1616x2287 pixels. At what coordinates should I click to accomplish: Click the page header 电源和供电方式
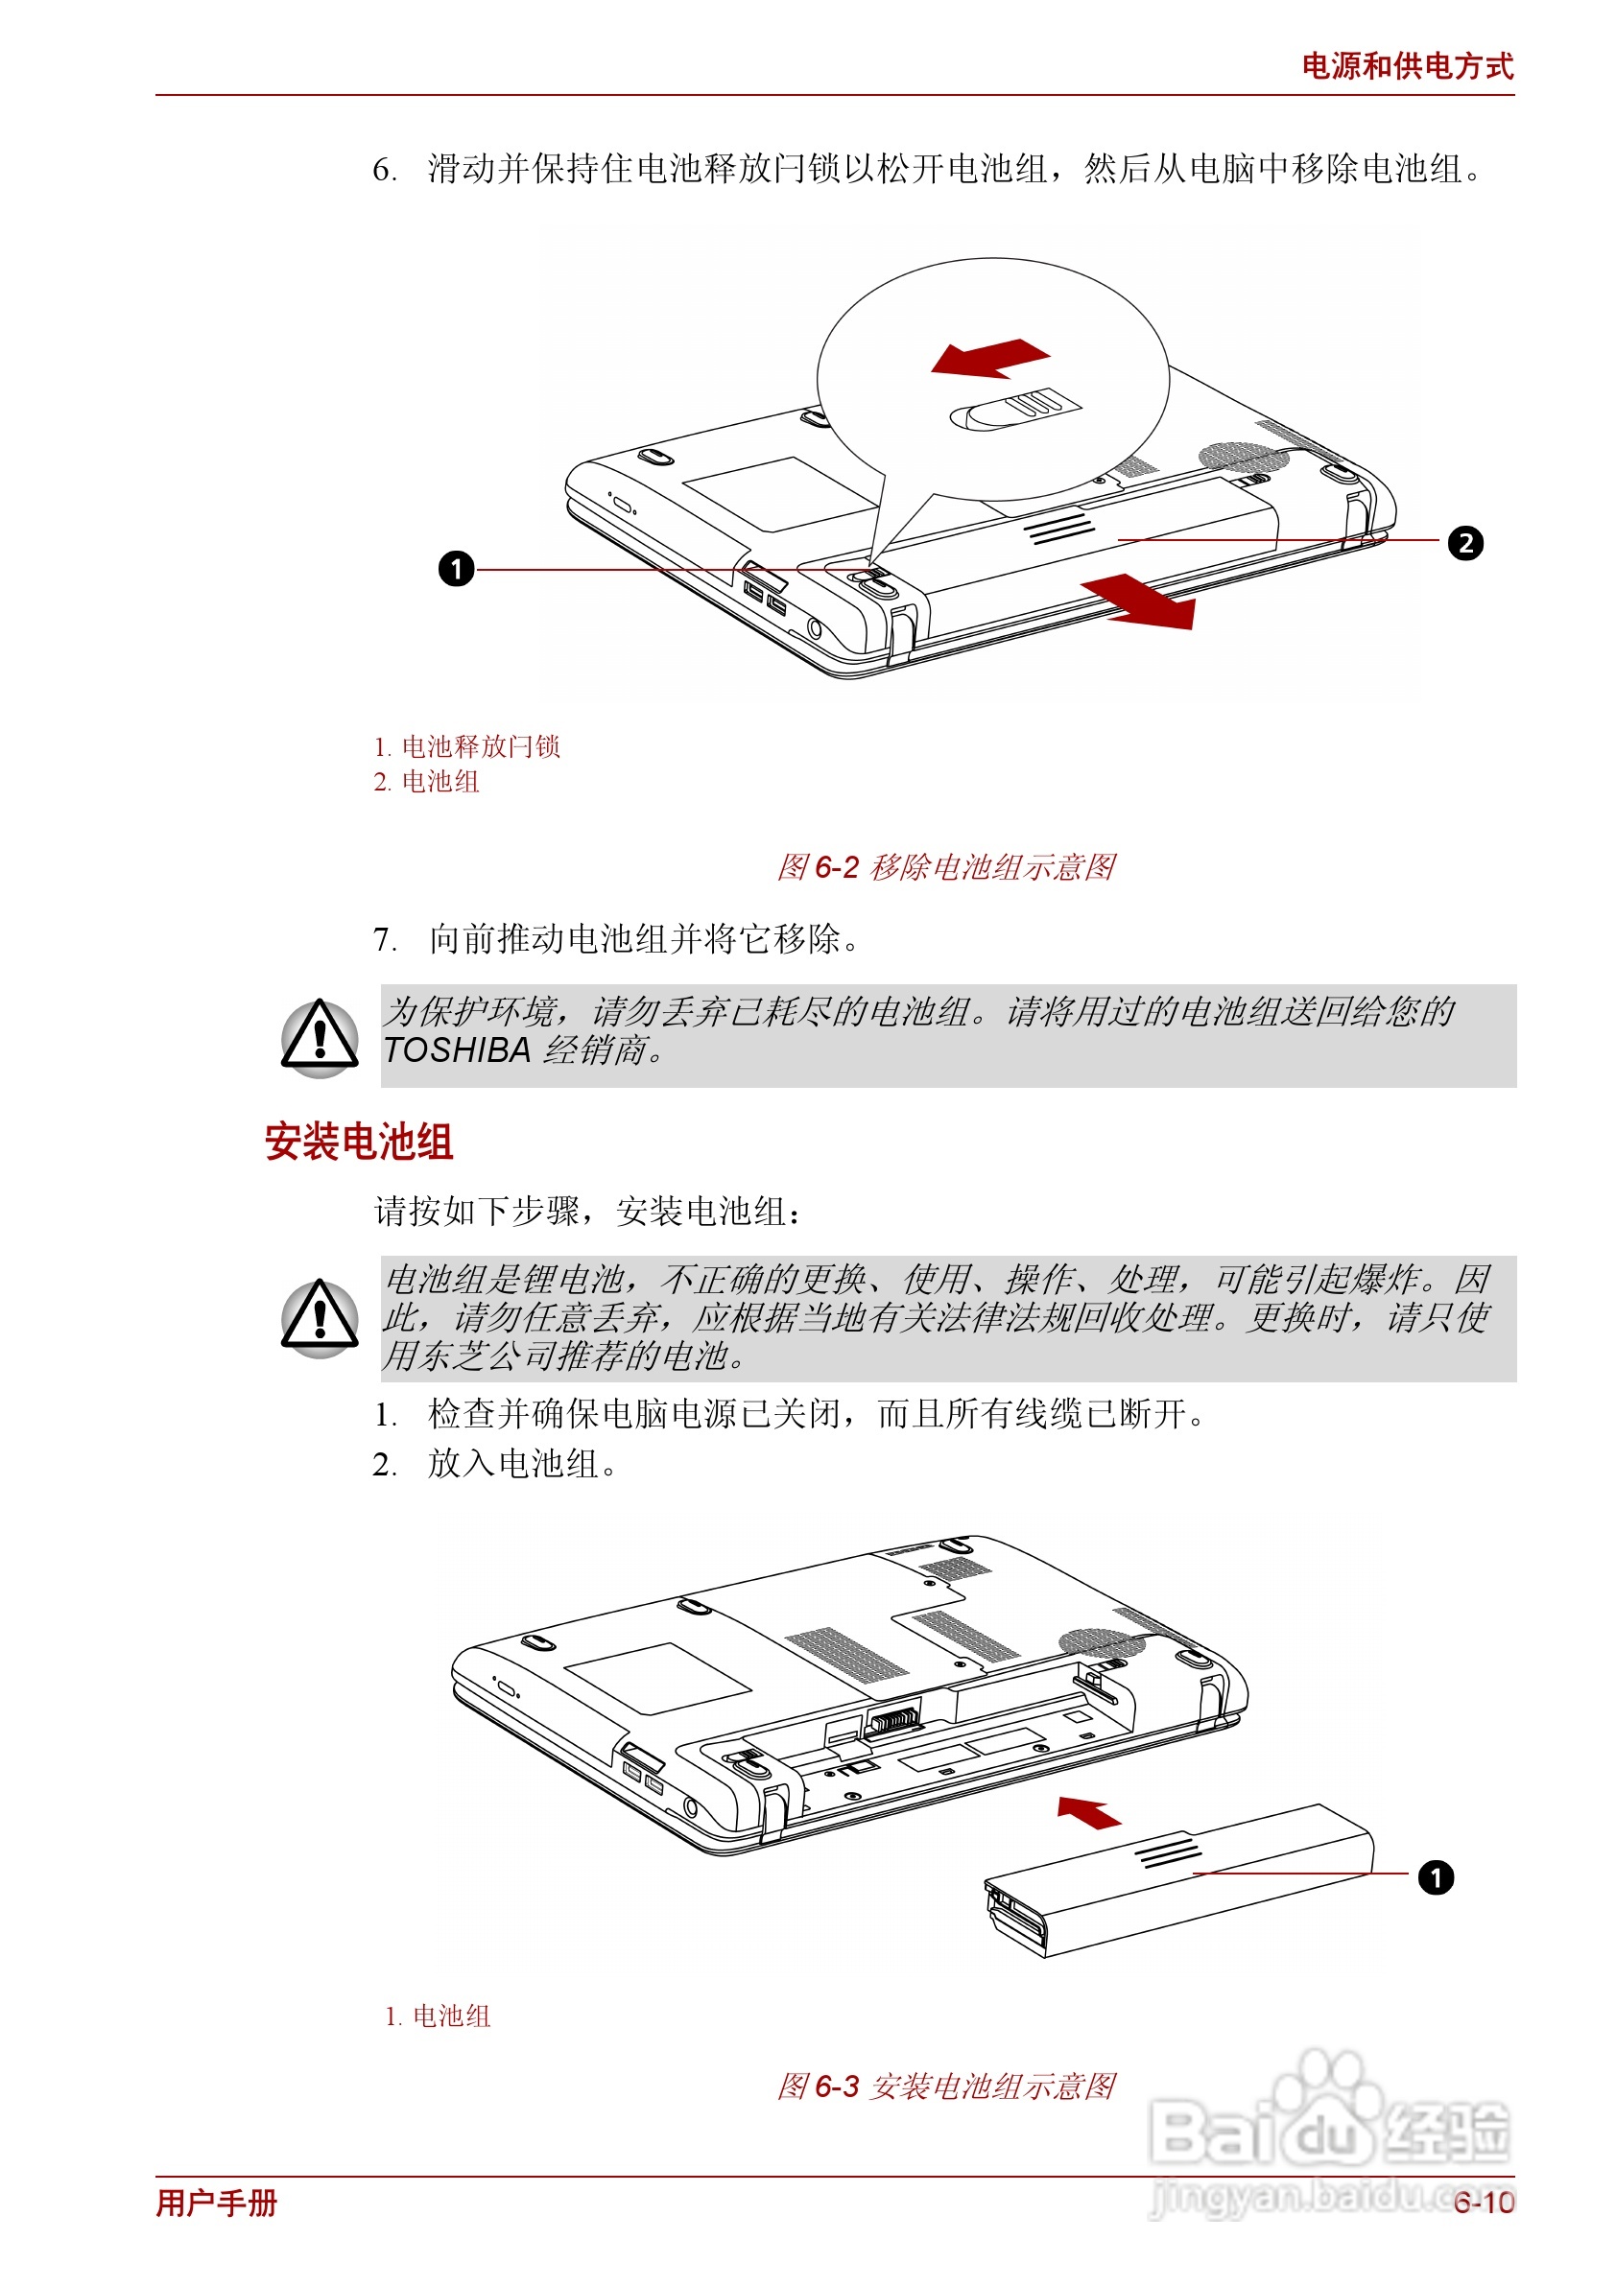click(1406, 67)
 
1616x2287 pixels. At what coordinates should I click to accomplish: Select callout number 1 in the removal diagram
click(457, 569)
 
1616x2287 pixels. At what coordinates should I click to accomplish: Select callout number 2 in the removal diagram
click(1464, 543)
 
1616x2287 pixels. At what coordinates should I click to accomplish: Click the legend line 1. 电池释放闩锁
click(466, 746)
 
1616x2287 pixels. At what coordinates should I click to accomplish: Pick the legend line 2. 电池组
click(426, 782)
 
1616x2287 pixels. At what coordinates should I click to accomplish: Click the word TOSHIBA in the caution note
click(457, 1049)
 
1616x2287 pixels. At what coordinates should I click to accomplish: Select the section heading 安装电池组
click(359, 1142)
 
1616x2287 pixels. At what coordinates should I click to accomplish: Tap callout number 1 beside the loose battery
click(1435, 1877)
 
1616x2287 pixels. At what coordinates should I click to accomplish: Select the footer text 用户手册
click(216, 2203)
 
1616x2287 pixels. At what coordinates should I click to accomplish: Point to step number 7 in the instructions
click(384, 939)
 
